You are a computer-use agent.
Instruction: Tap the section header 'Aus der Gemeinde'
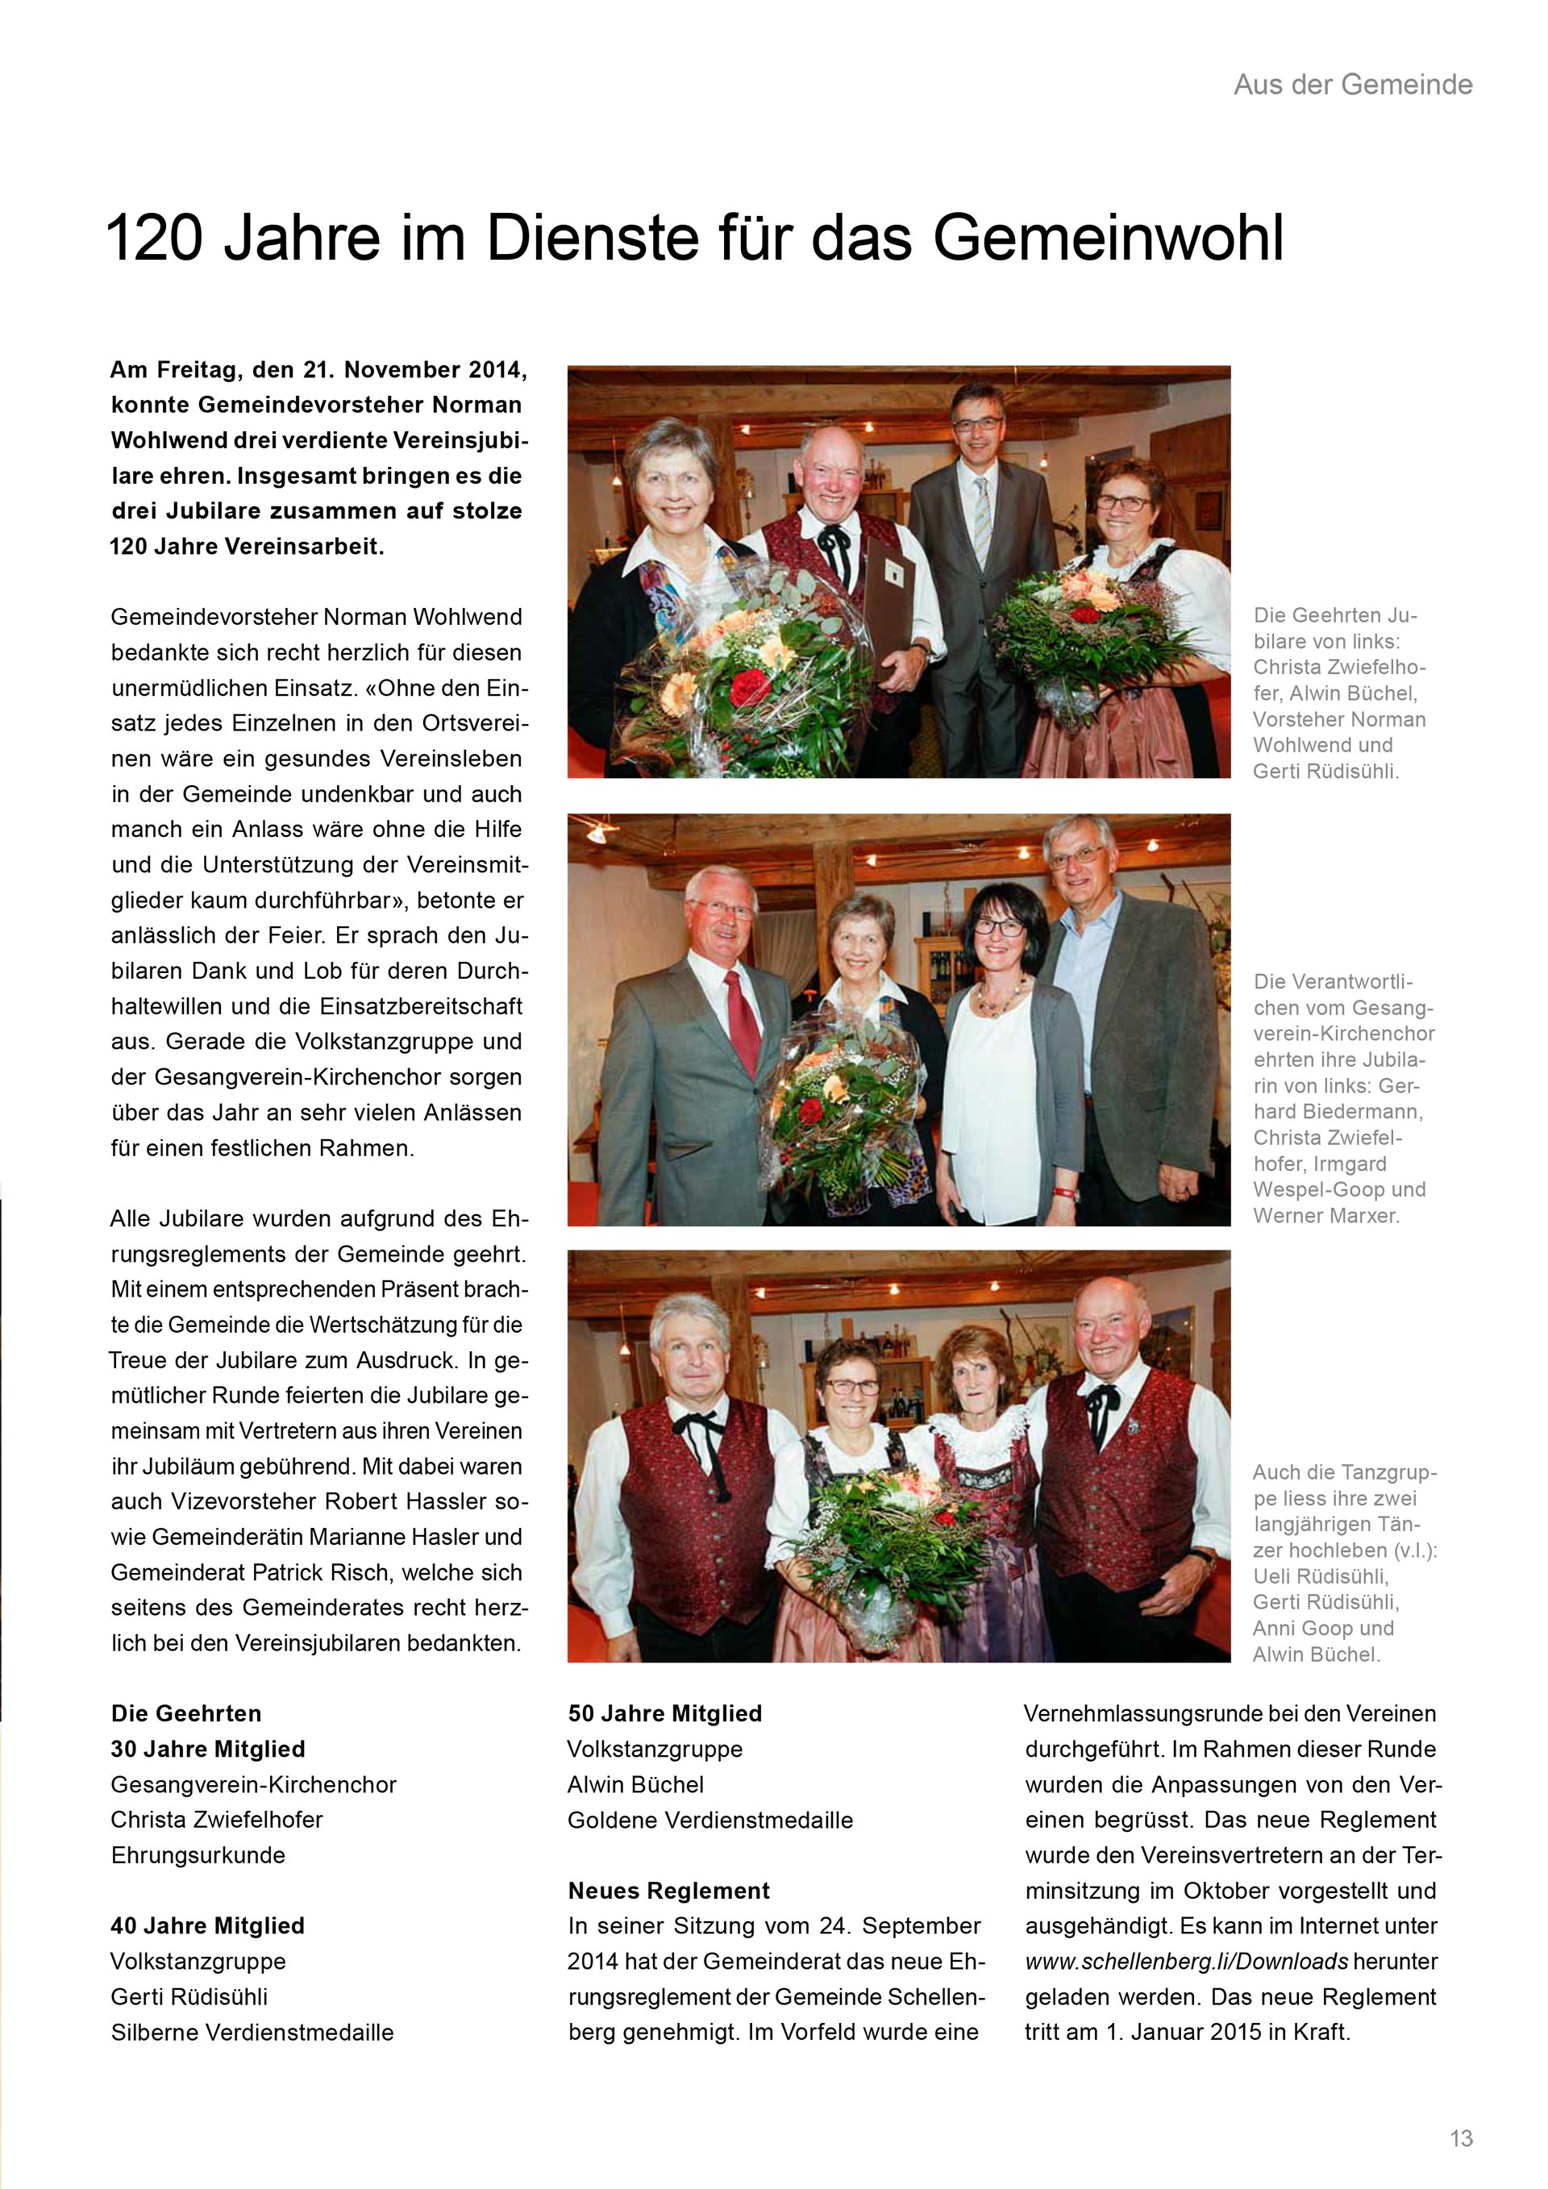tap(1353, 85)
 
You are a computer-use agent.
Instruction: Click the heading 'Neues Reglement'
tap(668, 1891)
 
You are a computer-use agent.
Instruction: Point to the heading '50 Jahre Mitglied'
tap(664, 1713)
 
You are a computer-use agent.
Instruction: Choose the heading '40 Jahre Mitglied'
tap(207, 1926)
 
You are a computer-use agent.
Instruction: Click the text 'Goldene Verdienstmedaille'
tap(709, 1820)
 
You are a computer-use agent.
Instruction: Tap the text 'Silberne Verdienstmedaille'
tap(252, 2032)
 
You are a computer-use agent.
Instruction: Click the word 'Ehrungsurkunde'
tap(198, 1855)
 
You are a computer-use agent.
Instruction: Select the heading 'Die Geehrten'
tap(186, 1713)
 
